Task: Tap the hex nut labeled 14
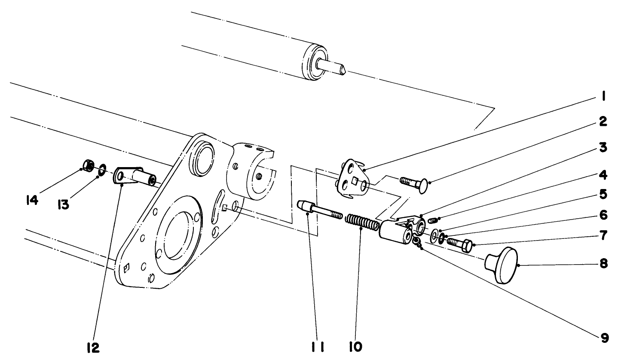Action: pyautogui.click(x=88, y=165)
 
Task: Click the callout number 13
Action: pyautogui.click(x=63, y=205)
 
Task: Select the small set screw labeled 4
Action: pyautogui.click(x=433, y=221)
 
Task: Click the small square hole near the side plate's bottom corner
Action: pyautogui.click(x=126, y=268)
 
